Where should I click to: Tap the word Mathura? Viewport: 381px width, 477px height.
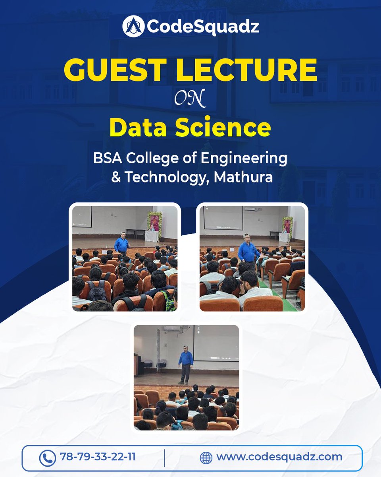243,177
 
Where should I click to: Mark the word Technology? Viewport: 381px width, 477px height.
166,177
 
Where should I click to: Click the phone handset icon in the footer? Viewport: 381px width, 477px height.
47,458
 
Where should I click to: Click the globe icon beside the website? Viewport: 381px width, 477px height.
206,458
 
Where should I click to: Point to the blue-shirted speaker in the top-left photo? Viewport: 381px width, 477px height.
122,243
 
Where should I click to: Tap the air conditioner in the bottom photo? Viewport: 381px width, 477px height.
171,329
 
